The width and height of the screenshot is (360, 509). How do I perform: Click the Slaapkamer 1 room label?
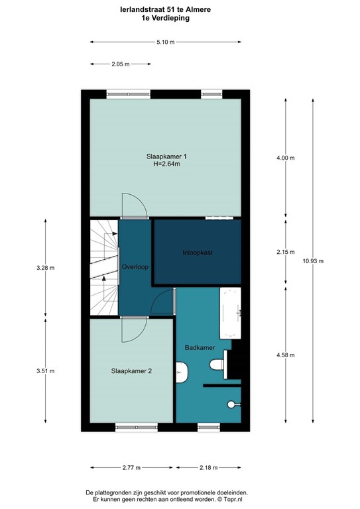click(166, 156)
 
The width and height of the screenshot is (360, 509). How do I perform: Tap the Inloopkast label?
click(198, 253)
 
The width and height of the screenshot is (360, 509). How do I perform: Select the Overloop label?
click(135, 267)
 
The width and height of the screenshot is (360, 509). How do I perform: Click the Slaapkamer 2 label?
click(131, 371)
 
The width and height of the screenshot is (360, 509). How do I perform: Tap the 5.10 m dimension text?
click(166, 42)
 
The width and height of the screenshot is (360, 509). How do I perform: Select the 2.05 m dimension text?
click(121, 64)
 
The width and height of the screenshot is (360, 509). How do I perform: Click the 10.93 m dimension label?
click(313, 261)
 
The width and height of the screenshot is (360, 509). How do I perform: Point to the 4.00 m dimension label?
click(286, 158)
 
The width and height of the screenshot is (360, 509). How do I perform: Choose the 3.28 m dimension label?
click(46, 268)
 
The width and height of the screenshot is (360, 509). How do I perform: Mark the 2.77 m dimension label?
click(131, 468)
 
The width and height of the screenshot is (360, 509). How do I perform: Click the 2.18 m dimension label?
click(209, 468)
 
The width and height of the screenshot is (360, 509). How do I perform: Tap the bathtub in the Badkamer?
click(231, 313)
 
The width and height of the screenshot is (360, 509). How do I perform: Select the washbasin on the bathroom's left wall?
click(182, 372)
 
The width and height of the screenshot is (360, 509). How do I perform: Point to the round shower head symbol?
click(231, 404)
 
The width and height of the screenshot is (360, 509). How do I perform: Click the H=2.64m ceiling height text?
click(166, 164)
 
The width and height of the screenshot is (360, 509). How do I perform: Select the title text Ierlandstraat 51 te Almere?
click(165, 10)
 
